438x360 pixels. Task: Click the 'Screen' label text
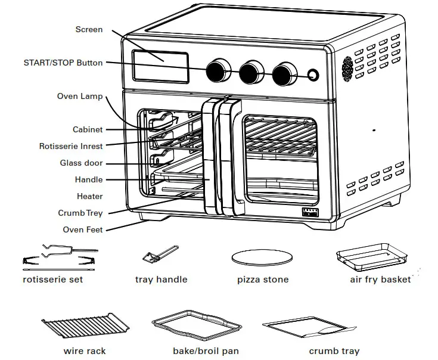tap(89, 29)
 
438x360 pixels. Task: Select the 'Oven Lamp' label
tap(80, 96)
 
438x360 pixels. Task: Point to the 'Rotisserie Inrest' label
tap(71, 146)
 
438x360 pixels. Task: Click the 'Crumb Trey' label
tap(80, 213)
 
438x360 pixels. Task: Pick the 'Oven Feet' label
tap(82, 229)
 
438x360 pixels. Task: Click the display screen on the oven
tap(160, 66)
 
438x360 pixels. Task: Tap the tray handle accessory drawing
tap(159, 255)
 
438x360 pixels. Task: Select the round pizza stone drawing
tap(262, 257)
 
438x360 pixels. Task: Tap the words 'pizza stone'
tap(263, 279)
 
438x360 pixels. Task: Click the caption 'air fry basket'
tap(380, 279)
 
